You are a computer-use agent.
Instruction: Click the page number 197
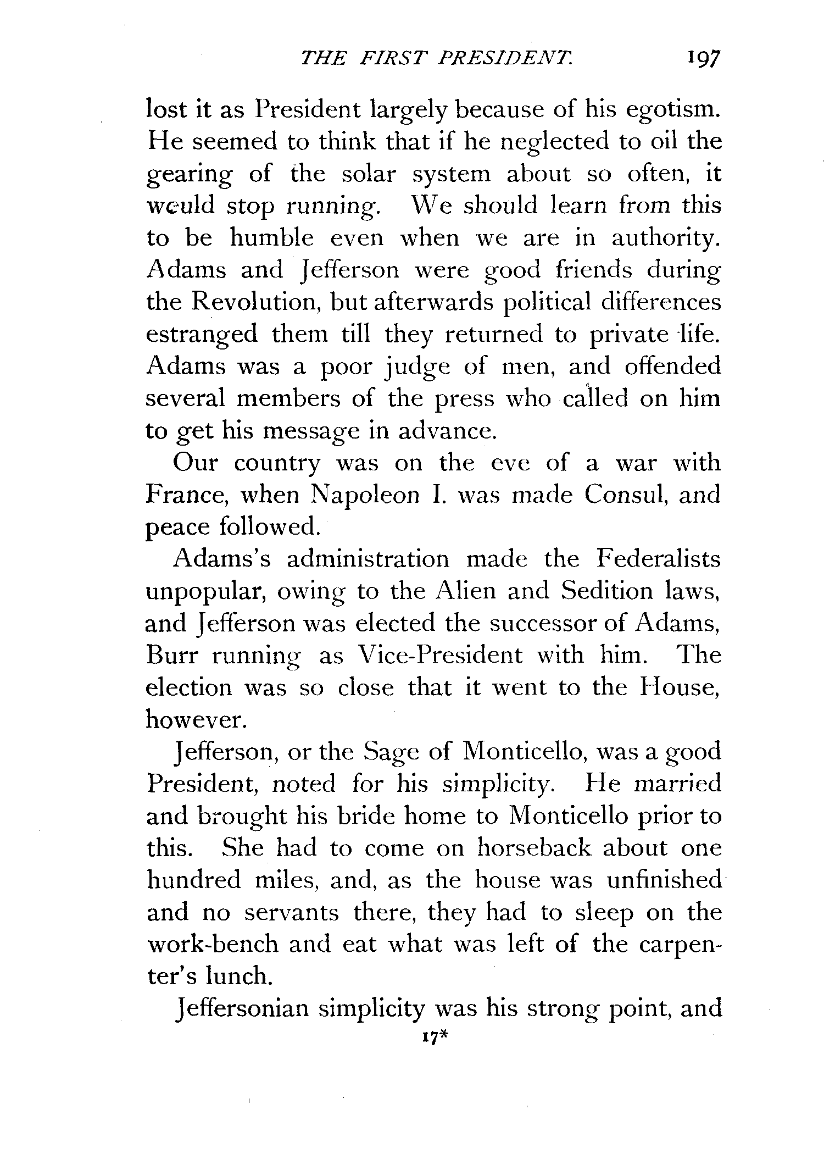click(698, 59)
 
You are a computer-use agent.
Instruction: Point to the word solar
click(368, 175)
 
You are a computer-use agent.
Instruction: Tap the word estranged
click(202, 335)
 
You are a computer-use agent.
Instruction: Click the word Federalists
click(658, 559)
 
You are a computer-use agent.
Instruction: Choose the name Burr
click(171, 656)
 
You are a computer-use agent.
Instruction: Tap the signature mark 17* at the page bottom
click(434, 1037)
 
